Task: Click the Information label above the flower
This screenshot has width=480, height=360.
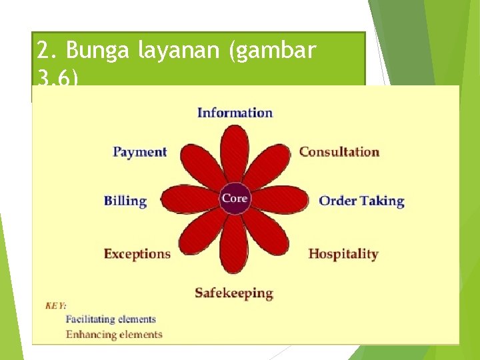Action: point(235,113)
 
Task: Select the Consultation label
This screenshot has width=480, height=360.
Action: point(339,151)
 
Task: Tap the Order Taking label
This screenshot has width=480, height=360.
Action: point(361,201)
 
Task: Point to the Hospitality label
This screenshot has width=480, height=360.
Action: point(343,254)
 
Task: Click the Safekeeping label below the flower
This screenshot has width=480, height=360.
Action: point(234,293)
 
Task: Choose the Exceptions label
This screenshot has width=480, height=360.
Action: point(137,254)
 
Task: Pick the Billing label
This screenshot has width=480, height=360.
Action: point(125,201)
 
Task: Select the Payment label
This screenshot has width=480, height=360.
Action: point(140,152)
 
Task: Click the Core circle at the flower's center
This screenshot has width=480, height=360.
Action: point(235,199)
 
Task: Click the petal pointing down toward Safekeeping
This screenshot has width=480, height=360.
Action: point(235,243)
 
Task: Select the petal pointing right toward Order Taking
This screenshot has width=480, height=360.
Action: point(280,199)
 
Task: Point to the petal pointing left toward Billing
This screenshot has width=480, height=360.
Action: point(189,199)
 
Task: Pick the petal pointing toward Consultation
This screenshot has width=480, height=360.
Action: point(267,167)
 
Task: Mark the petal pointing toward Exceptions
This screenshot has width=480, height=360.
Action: point(202,231)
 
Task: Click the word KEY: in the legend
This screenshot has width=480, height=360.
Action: point(55,305)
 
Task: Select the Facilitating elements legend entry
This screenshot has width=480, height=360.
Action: point(111,319)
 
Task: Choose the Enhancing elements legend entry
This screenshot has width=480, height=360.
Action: point(113,335)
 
